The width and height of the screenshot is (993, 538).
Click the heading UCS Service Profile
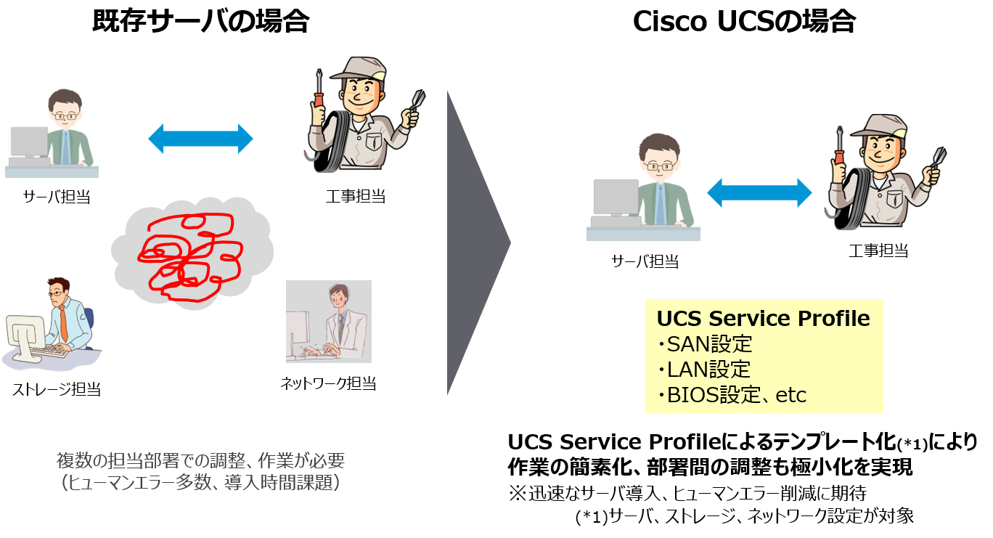coord(763,319)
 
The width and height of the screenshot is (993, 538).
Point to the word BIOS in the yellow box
coord(690,395)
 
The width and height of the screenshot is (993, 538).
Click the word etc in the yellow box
coord(790,396)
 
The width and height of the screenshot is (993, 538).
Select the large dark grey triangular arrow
coord(475,242)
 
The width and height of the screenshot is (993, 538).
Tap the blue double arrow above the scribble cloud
coord(200,138)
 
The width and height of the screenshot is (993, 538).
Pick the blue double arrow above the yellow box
coord(759,193)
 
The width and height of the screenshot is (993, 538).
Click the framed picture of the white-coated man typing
coord(329,322)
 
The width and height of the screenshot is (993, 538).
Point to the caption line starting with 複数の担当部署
coord(200,460)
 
